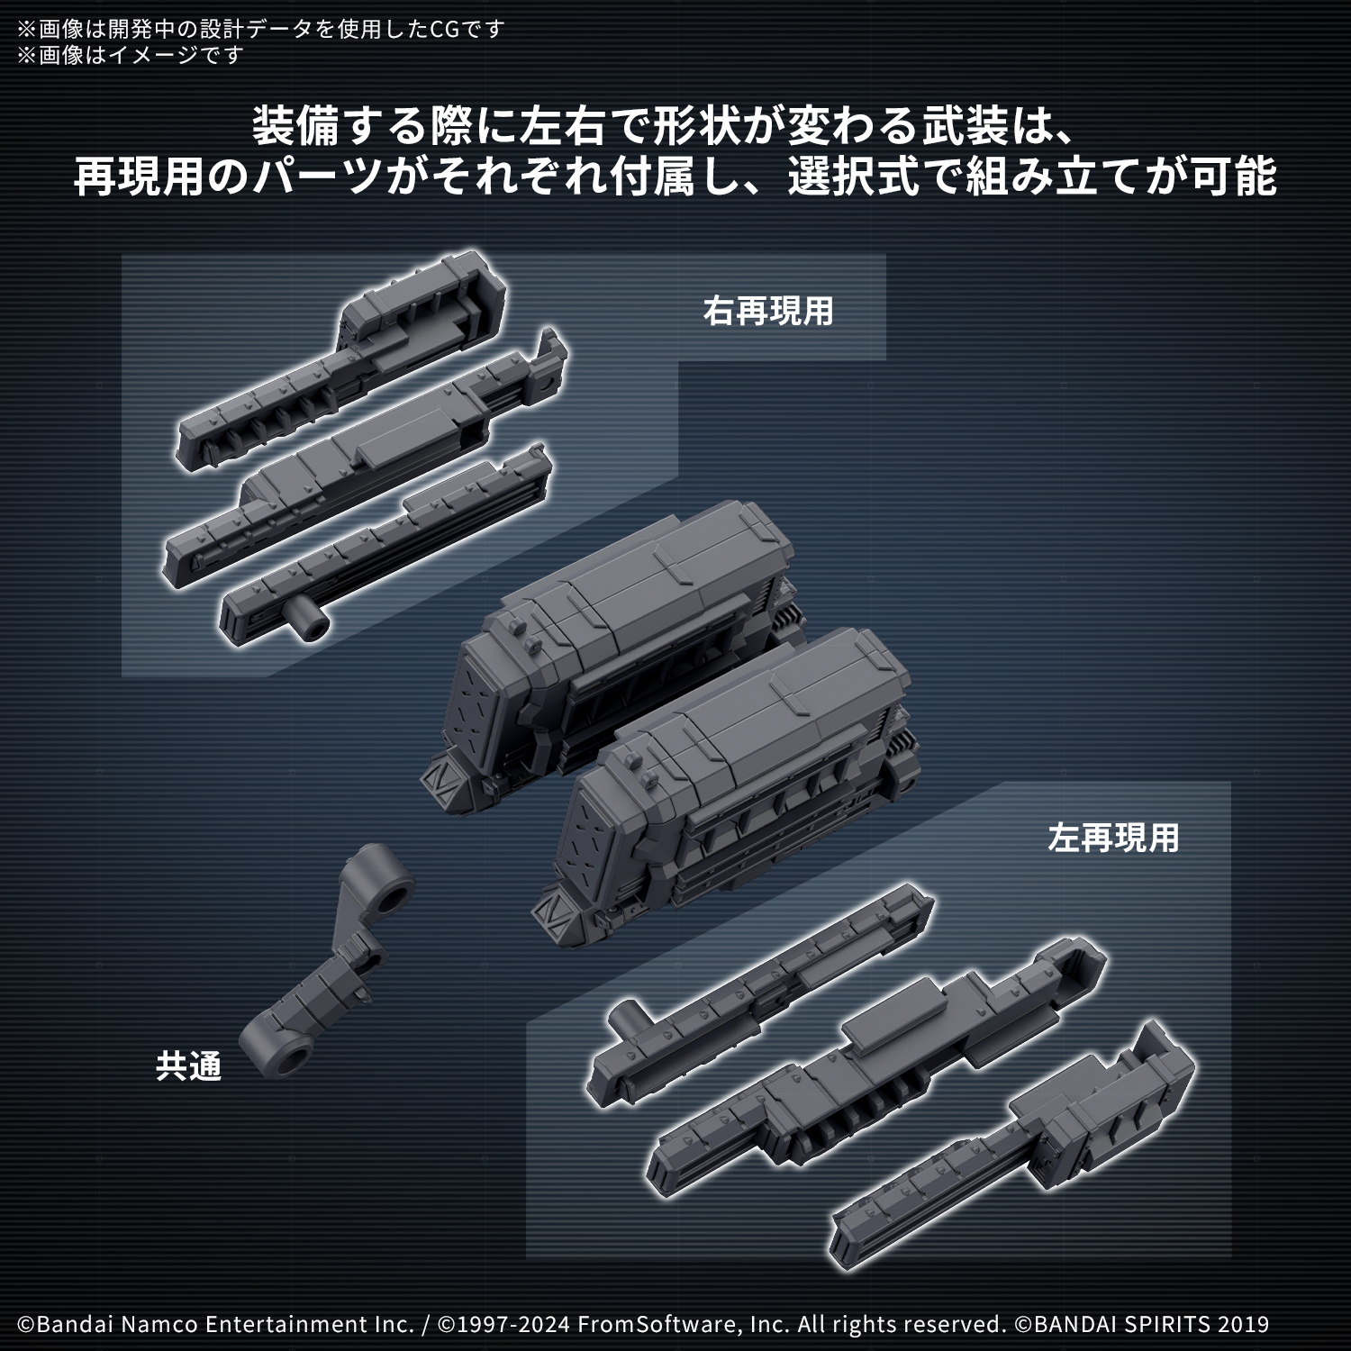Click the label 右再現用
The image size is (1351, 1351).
click(767, 312)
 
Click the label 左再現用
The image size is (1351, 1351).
click(1112, 838)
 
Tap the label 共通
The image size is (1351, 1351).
click(188, 1066)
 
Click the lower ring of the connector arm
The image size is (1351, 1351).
click(282, 1050)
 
